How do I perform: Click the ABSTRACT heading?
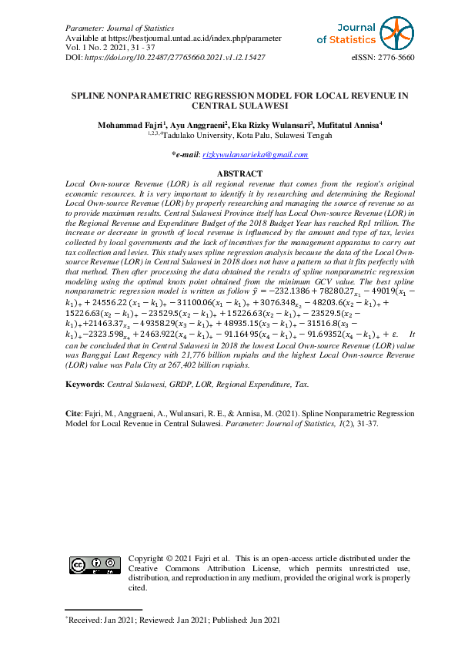(240, 174)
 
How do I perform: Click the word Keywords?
(84, 383)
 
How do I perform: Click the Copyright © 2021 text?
(165, 558)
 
